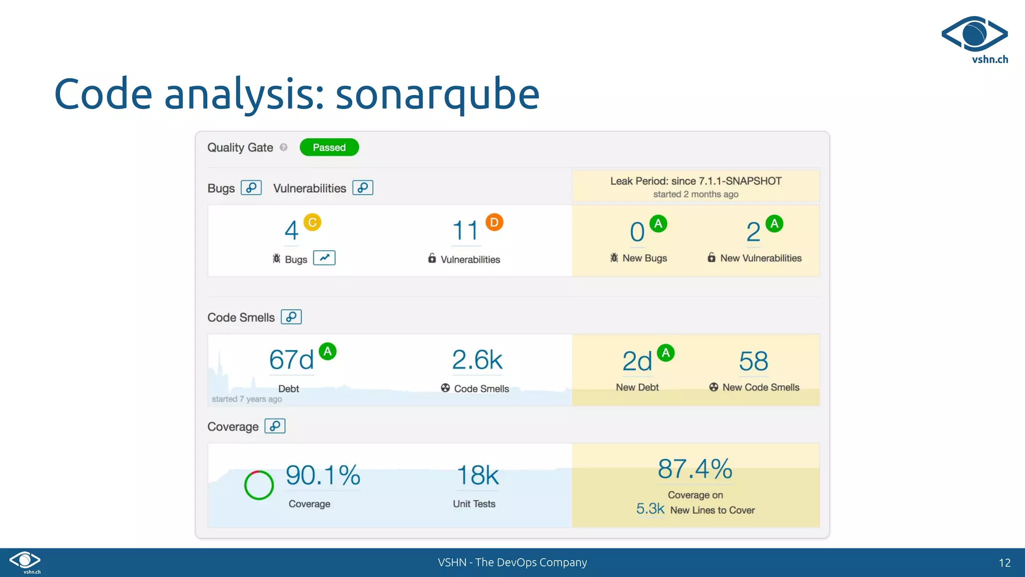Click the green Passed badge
click(329, 147)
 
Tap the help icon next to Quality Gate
click(284, 147)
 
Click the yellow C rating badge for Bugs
click(312, 222)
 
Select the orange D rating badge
click(494, 222)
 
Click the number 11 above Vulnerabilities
click(465, 231)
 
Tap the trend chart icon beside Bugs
click(324, 258)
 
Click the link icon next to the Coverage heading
click(275, 426)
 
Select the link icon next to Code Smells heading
click(291, 317)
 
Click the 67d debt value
click(291, 360)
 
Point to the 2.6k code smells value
click(477, 360)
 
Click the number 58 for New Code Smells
click(753, 361)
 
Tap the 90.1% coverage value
click(323, 475)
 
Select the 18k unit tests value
click(477, 475)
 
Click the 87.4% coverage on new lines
click(695, 469)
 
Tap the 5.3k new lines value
click(650, 509)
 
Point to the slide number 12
click(1004, 563)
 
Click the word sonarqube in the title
click(437, 94)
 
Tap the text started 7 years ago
click(247, 399)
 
